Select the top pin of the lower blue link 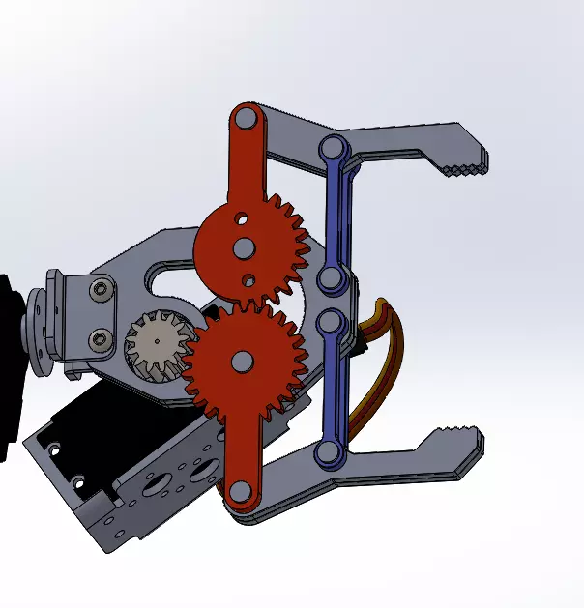[332, 323]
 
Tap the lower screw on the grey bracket [101, 337]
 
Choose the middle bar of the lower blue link [331, 387]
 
